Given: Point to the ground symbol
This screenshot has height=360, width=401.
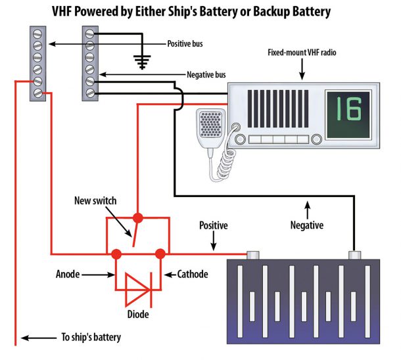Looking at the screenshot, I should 140,62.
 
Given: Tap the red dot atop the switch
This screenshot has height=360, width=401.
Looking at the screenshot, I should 137,217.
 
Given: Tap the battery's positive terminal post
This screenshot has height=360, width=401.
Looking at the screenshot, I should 251,255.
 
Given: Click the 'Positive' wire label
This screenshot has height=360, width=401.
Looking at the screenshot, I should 213,225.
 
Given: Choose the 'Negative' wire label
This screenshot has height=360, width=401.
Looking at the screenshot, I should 306,225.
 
